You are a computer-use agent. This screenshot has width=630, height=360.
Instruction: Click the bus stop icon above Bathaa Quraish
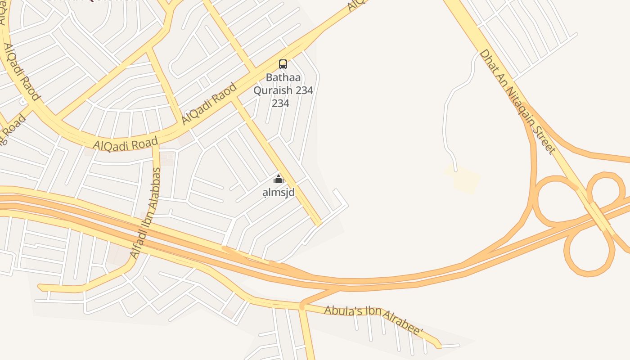(283, 64)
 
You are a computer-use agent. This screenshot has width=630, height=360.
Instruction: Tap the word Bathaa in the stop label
(283, 77)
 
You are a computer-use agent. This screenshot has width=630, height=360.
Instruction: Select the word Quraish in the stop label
(269, 90)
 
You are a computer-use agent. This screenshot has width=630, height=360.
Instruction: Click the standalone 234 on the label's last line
(280, 103)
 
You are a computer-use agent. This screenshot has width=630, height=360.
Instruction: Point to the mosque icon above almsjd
(279, 179)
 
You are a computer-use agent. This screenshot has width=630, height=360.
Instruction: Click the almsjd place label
(279, 193)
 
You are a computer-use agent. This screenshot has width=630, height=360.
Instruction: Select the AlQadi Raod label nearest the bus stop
(209, 104)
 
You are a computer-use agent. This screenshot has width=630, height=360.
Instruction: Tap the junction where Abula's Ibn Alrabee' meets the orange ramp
(302, 306)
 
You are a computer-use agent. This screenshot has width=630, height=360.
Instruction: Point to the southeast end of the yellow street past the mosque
(318, 222)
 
